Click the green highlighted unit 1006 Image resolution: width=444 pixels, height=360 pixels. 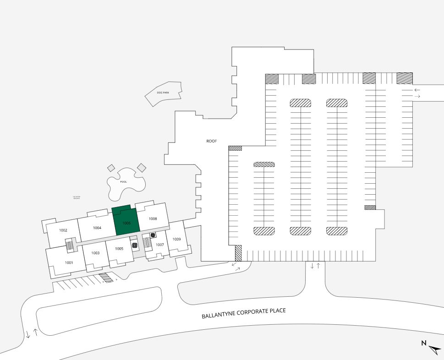point(127,223)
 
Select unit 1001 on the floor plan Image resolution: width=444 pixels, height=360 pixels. point(69,262)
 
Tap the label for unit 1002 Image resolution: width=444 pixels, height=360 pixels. point(63,230)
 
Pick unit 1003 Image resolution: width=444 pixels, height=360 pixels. point(95,253)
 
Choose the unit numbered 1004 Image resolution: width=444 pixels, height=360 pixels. point(97,228)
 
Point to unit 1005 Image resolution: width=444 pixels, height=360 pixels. point(119,249)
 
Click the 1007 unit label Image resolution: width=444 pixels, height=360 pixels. point(160,245)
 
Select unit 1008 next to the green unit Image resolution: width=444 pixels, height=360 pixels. point(153,218)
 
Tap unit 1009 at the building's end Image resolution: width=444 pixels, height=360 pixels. point(176,239)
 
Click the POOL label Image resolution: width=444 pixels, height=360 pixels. point(123,182)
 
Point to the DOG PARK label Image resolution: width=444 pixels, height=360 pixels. point(163,93)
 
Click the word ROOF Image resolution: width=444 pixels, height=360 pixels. point(211,141)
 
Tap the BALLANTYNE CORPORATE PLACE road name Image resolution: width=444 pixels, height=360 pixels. point(244,314)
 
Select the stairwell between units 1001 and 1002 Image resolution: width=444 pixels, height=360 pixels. point(70,245)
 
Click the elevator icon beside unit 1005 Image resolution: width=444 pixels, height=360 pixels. point(135,245)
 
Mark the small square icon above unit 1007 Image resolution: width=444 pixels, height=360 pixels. point(153,235)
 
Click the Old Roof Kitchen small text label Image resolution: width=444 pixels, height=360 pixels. point(77,198)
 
